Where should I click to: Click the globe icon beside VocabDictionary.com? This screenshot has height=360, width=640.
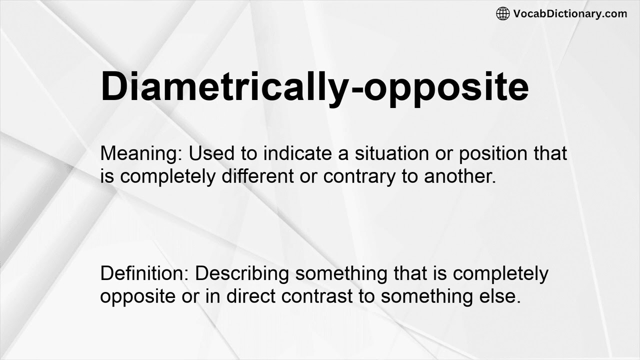[502, 14]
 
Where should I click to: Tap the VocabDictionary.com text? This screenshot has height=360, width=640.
[570, 14]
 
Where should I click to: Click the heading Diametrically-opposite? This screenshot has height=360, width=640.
[314, 86]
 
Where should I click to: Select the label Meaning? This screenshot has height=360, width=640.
[141, 153]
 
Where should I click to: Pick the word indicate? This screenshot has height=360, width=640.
[298, 153]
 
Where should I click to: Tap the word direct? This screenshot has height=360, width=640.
[251, 296]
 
